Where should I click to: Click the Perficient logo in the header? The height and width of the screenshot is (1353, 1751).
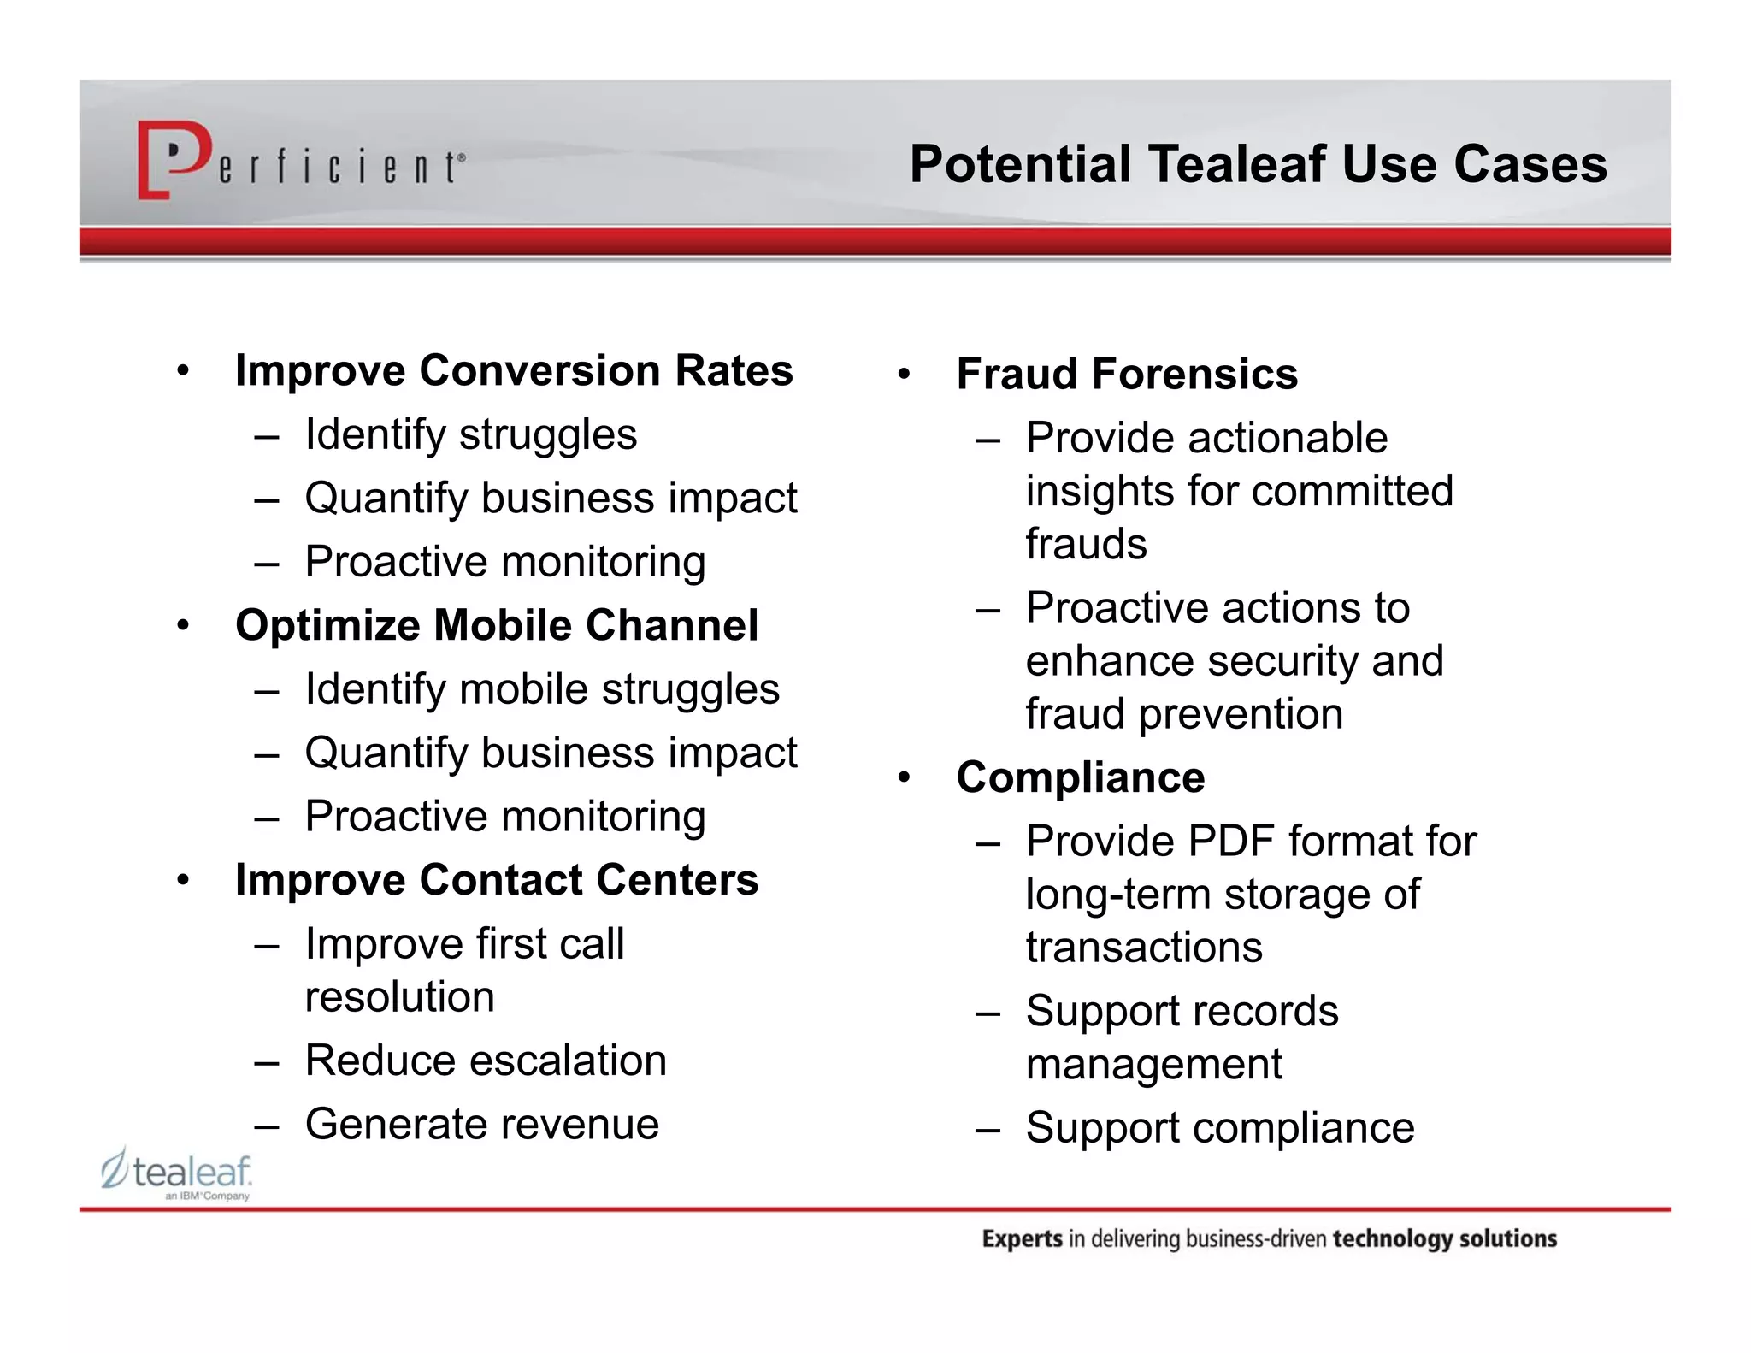point(299,161)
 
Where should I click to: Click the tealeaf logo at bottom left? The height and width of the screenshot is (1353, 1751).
point(177,1173)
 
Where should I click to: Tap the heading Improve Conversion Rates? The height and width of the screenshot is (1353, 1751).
point(514,370)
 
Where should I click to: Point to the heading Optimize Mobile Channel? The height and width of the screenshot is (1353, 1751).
point(496,625)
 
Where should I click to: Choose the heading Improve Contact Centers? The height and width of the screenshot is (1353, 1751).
point(496,880)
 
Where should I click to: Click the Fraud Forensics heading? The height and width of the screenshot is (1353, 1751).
point(1126,374)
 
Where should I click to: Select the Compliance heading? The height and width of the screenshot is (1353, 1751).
point(1080,777)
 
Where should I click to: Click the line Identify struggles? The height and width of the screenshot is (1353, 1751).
point(470,434)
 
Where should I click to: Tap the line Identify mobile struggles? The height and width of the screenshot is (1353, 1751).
point(542,689)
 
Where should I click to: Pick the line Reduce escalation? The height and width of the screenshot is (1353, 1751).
point(485,1061)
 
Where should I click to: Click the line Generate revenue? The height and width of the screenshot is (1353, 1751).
point(481,1124)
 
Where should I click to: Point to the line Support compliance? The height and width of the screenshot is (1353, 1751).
point(1219,1127)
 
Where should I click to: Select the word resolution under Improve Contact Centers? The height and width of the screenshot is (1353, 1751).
point(399,997)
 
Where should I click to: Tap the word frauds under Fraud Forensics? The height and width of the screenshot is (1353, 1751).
point(1086,544)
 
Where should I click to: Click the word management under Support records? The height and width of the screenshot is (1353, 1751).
point(1153,1065)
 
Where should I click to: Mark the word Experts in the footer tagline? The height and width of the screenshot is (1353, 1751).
point(1022,1239)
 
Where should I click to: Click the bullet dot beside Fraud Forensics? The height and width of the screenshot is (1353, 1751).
point(904,375)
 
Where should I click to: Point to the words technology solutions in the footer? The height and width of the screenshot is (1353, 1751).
point(1444,1239)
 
